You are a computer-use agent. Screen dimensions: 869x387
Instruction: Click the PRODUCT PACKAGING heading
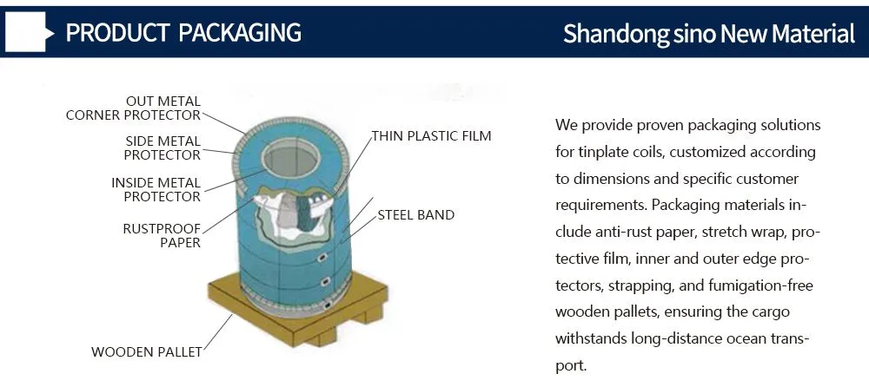pos(183,33)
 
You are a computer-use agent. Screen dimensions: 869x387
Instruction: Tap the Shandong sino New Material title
pos(709,34)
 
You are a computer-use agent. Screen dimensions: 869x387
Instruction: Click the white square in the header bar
pos(25,32)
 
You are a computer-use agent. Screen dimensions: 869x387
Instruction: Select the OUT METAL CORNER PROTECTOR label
pos(133,108)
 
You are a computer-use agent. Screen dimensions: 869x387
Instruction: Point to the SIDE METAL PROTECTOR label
pos(163,148)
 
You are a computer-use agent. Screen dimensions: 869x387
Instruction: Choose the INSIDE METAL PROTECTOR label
pos(156,189)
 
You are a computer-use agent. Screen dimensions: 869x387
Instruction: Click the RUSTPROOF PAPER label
pos(162,235)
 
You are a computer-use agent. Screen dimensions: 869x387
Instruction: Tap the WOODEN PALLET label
pos(146,351)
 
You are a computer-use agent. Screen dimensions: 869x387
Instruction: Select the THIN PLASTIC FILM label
pos(431,136)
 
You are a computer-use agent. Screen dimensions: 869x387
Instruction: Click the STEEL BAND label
pos(415,215)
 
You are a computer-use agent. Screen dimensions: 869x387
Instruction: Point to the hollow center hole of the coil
pos(291,159)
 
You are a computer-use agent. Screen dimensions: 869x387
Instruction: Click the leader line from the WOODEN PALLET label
pos(217,332)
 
